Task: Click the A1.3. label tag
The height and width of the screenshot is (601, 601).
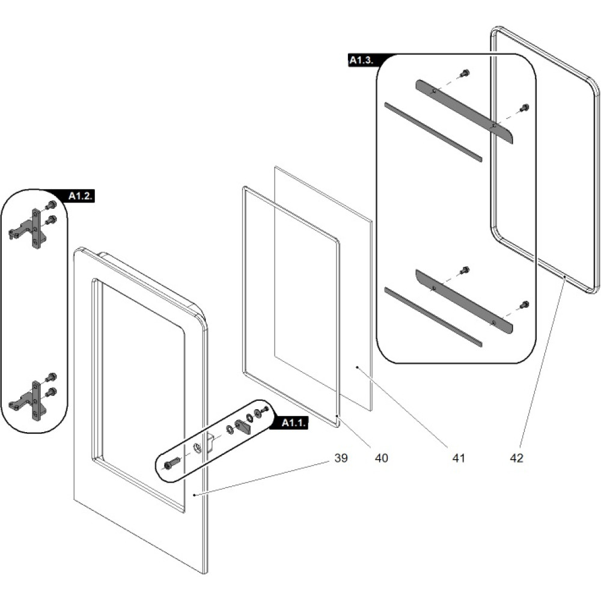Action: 363,60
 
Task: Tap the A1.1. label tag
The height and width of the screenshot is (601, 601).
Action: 294,423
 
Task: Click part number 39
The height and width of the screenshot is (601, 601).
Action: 341,458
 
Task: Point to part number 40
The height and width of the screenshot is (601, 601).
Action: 381,458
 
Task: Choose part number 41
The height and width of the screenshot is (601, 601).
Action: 459,458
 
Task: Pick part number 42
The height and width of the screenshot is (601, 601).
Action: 516,458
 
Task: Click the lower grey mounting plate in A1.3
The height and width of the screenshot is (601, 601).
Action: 464,300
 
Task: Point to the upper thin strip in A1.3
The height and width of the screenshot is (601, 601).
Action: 433,132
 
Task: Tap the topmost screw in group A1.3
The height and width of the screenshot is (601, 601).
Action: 465,74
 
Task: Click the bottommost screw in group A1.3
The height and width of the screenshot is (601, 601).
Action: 524,305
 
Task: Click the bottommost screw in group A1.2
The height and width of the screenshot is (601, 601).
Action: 51,391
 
